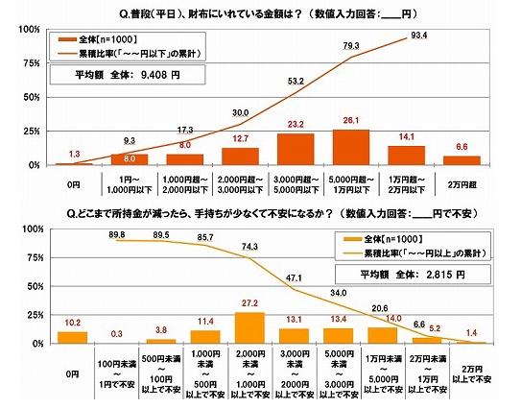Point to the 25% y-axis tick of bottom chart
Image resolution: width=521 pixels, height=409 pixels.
point(42,315)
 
